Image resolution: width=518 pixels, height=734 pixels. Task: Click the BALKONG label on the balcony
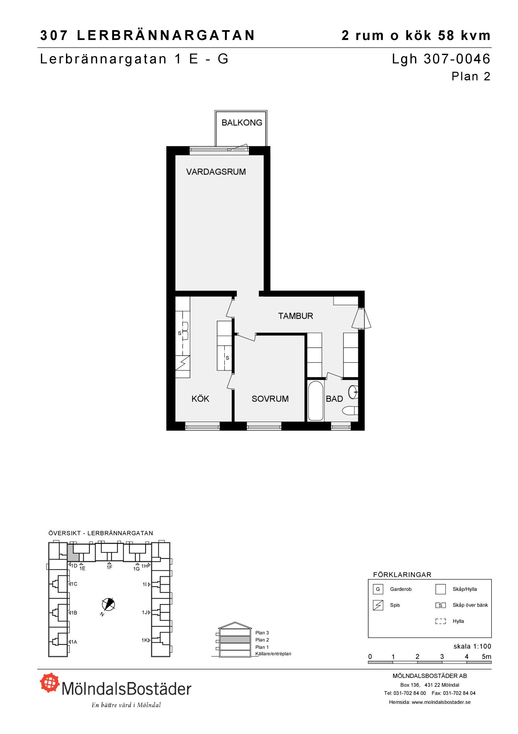coord(242,123)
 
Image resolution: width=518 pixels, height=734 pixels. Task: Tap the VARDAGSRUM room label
coord(216,172)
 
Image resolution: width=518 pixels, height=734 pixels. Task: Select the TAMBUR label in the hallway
coord(295,316)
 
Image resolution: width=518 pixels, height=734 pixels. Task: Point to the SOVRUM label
coord(270,399)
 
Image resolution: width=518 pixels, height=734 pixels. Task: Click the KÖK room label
coord(200,399)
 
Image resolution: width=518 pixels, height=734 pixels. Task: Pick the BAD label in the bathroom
coord(334,399)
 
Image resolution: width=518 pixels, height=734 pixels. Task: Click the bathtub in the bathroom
coord(316,401)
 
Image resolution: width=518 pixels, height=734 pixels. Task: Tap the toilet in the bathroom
coord(350,411)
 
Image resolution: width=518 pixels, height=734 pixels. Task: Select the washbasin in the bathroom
coord(353,392)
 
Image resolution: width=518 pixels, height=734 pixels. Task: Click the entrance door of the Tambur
coord(361,318)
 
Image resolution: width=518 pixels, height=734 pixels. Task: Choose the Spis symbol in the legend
coord(378,605)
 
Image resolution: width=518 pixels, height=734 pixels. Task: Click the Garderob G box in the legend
coord(378,589)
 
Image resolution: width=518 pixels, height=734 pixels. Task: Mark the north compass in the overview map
coord(108,604)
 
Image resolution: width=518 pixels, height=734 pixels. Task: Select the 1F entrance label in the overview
coord(109,567)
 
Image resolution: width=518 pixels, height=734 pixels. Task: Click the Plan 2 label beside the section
coord(262,640)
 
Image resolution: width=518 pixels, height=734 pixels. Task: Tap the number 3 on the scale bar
coord(442,657)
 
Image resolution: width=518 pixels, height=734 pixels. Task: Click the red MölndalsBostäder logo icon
coord(50,683)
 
